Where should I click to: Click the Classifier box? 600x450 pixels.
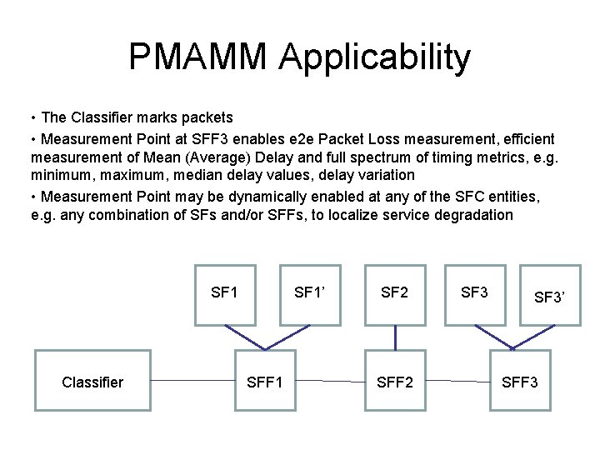[92, 382]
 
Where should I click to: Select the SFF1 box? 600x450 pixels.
[265, 382]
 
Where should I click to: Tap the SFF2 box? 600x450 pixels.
[395, 382]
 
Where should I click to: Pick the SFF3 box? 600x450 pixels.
[520, 382]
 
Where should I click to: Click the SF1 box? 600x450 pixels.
[225, 293]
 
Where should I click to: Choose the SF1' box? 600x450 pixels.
[310, 293]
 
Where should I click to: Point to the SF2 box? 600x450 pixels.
[395, 293]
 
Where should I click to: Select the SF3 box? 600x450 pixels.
[475, 293]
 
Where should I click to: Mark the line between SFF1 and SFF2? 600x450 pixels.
[330, 382]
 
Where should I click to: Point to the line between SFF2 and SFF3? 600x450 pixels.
[457, 382]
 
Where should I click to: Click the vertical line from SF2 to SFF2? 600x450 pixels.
[395, 337]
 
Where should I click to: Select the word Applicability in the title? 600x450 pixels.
[375, 57]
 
